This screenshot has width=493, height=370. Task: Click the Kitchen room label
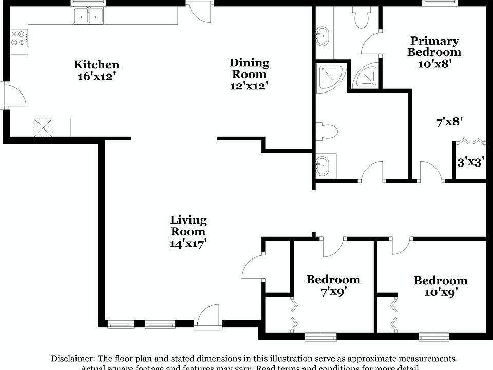point(97,65)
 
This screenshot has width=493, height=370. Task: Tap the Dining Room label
point(249,68)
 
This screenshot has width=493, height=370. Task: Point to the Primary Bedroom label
point(434,46)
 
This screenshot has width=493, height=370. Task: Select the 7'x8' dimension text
point(449,122)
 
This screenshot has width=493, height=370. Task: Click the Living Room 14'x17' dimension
point(188,244)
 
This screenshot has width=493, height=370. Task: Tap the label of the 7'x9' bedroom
point(333,280)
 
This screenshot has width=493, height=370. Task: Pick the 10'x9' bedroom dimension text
point(440,292)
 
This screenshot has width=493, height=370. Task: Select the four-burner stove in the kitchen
point(19,38)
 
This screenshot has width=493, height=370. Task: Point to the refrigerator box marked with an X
point(44,127)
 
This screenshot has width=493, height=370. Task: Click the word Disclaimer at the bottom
point(71,358)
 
